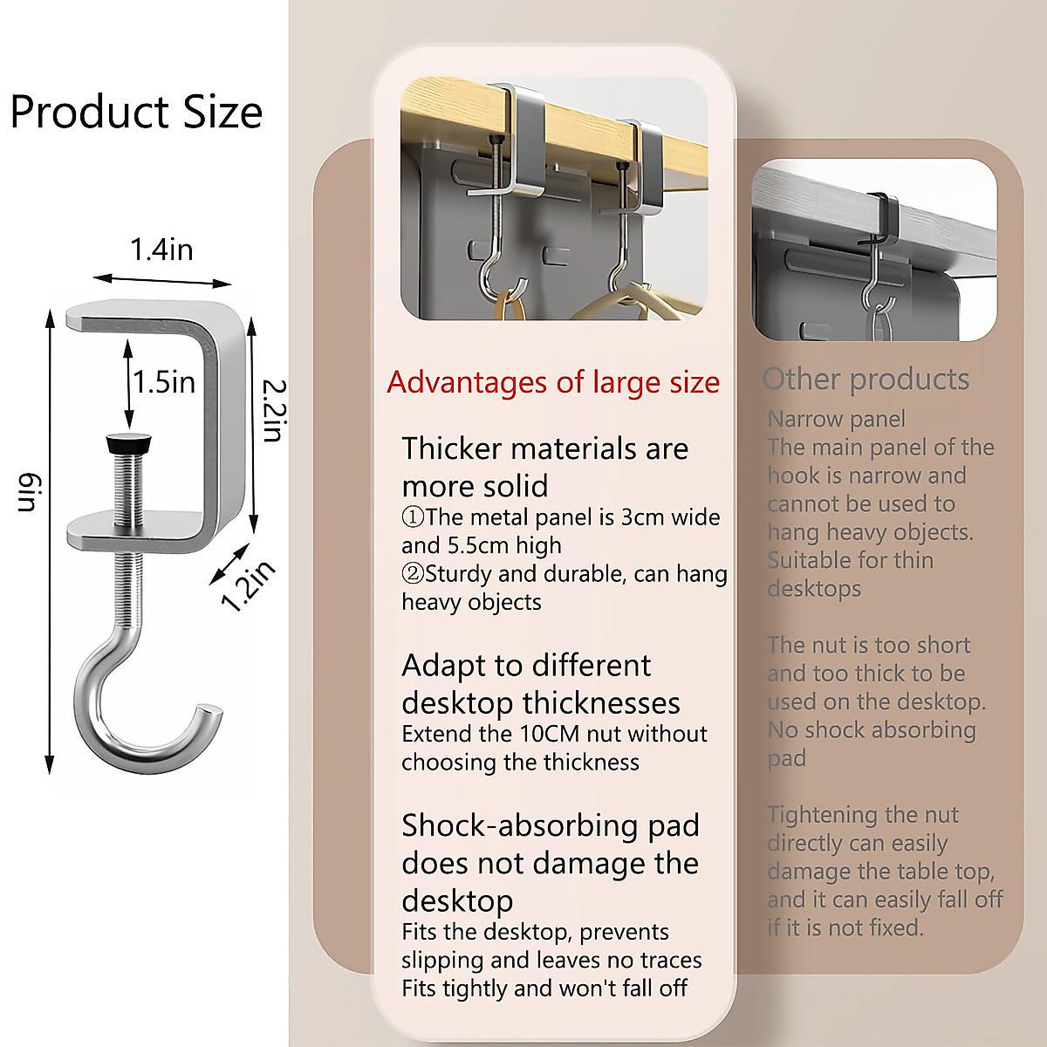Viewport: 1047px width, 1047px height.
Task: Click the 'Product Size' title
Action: pos(136,113)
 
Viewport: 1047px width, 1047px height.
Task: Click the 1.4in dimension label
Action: pos(161,250)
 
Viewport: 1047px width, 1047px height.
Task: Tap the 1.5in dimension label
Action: pos(164,382)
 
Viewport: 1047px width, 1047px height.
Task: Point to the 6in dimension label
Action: pos(28,493)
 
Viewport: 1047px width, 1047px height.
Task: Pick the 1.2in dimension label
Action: pos(248,586)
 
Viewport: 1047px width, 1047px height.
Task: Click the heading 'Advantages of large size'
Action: pos(553,382)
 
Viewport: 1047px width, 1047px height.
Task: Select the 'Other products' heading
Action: pos(866,380)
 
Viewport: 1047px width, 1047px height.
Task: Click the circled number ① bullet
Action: pos(413,517)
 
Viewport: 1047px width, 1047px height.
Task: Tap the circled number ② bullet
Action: pos(413,574)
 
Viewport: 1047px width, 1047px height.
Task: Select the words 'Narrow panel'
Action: pos(836,420)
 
